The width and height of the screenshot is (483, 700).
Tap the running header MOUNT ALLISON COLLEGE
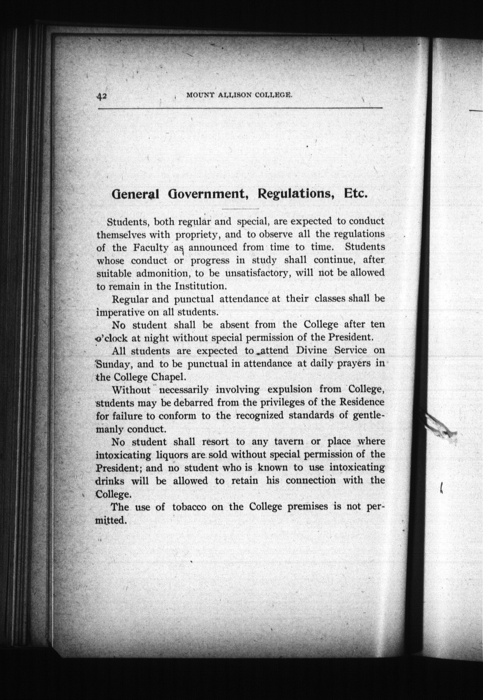point(240,95)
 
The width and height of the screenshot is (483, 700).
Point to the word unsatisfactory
point(257,273)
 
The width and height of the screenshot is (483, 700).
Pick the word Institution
point(200,286)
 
